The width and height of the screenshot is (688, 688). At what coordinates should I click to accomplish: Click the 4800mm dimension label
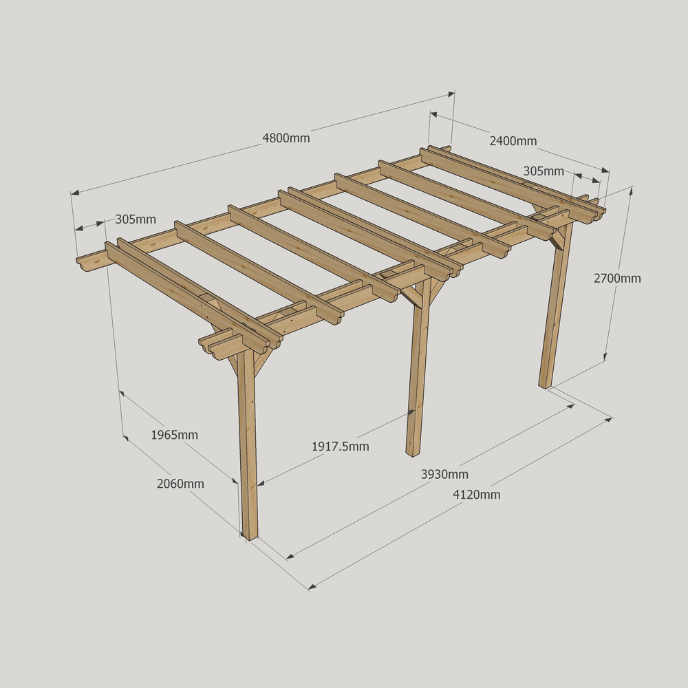click(286, 138)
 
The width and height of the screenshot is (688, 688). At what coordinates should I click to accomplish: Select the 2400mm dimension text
click(513, 141)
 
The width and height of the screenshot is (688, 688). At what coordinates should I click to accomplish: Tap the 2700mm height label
click(617, 278)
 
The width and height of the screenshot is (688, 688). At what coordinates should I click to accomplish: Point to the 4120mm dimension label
click(477, 494)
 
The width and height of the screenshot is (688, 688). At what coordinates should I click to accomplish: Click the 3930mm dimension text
click(444, 474)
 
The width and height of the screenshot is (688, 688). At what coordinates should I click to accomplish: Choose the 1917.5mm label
click(341, 447)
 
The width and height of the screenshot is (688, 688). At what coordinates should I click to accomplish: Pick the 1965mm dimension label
click(174, 435)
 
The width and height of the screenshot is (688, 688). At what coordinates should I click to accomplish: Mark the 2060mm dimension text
click(180, 484)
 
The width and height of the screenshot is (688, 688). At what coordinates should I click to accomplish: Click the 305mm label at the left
click(136, 219)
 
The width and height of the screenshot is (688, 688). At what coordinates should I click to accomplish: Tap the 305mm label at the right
click(544, 171)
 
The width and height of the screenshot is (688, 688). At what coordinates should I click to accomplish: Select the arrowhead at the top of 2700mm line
click(632, 190)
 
